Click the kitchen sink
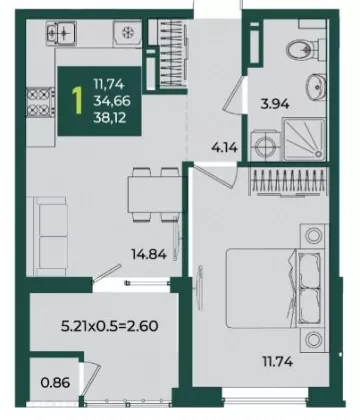pos(61,32)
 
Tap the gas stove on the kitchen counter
pos(40,102)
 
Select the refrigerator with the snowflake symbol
pos(127,33)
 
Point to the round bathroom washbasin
pos(315,86)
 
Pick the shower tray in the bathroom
pos(304,139)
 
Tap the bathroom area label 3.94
pos(275,104)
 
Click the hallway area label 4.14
pos(225,147)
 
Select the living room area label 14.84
pos(149,255)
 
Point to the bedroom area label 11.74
pos(278,361)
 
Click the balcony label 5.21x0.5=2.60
pos(110,326)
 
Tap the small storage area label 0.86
pos(55,383)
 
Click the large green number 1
pos(78,100)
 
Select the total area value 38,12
pos(110,117)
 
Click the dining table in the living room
pos(155,195)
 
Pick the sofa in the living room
pos(47,236)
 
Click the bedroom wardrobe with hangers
pos(289,181)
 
